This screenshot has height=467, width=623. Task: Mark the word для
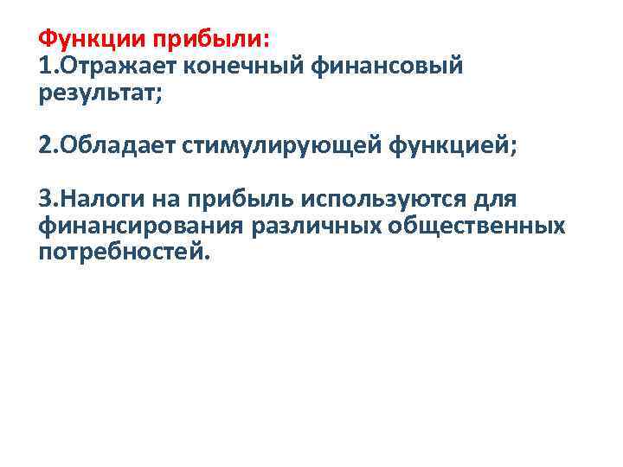coord(497,201)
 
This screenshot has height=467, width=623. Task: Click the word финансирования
coord(140,226)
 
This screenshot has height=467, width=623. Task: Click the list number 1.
coord(44,67)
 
